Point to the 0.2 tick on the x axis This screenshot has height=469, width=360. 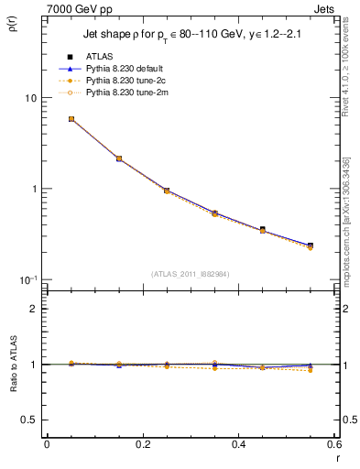pos(142,446)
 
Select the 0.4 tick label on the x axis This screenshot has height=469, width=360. pos(238,446)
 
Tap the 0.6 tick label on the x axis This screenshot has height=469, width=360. pos(333,446)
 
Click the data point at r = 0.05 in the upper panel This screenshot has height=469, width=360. pos(71,119)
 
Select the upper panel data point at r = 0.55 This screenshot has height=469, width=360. pos(311,245)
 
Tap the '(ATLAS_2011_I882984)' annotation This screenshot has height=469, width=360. pos(190,274)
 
